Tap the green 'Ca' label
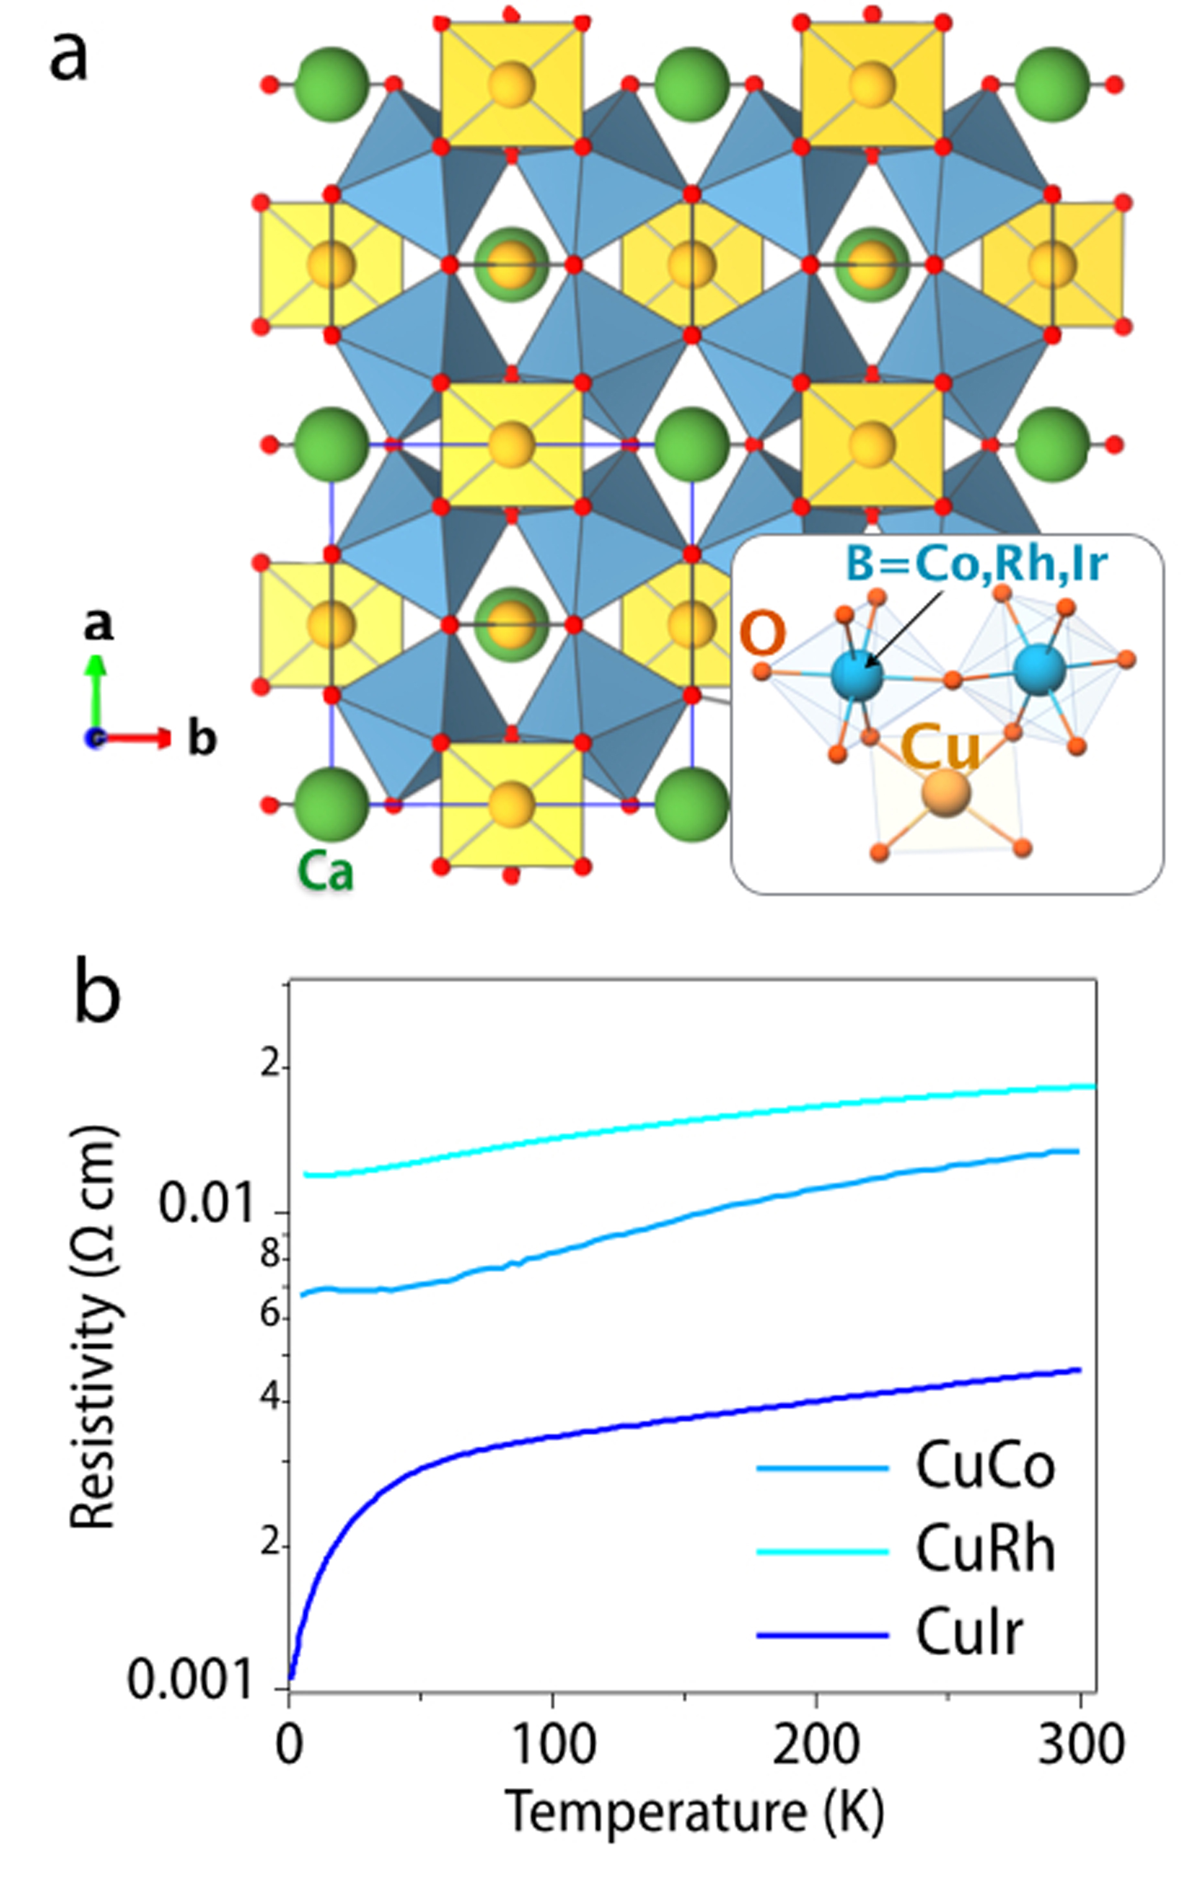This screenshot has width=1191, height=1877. pos(325,872)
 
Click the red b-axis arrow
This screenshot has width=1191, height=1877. pos(137,738)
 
